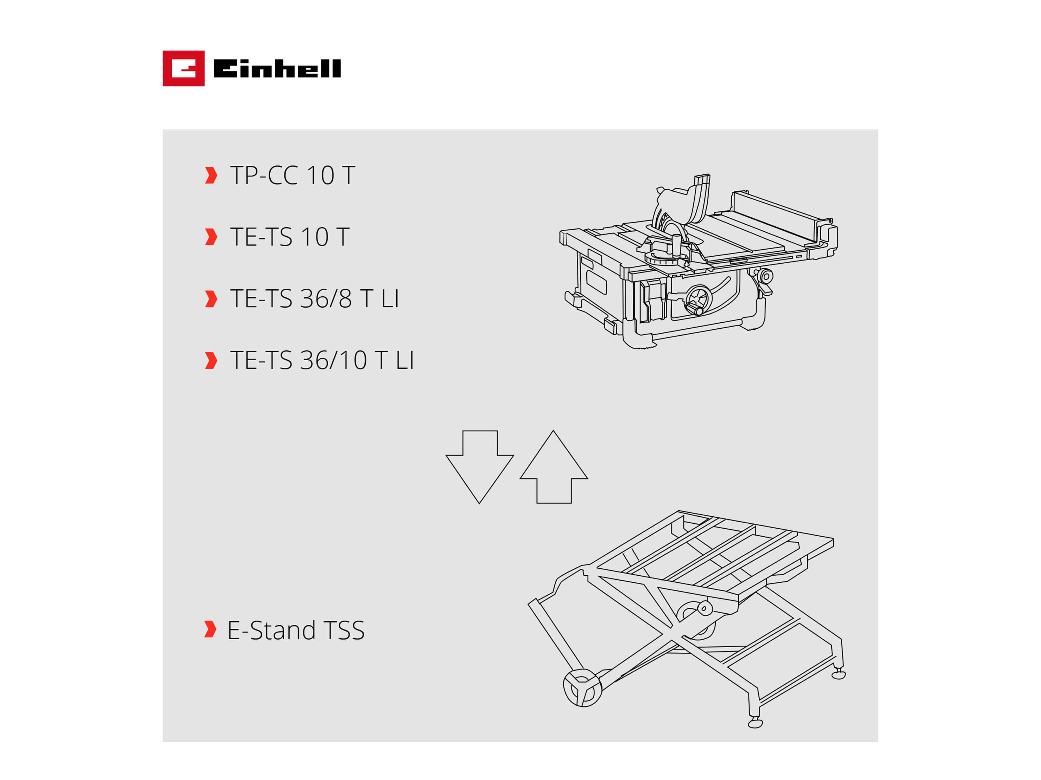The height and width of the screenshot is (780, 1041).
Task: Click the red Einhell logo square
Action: pos(183,68)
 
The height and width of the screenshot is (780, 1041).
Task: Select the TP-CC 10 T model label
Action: pos(292,175)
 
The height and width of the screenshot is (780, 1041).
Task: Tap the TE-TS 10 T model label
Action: pos(289,237)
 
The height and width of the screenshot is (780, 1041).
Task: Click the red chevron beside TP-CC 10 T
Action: pos(211,175)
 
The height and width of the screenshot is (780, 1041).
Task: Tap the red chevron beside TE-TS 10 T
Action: pos(211,237)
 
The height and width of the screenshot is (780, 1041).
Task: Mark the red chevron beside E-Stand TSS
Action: pos(210,629)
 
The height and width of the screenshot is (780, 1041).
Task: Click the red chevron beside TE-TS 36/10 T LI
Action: pos(211,361)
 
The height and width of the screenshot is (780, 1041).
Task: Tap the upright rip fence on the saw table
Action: pos(777,214)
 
